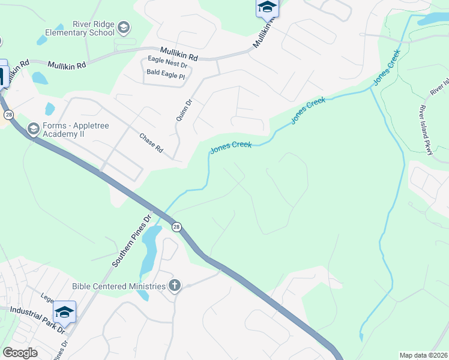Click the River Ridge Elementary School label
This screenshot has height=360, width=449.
point(92,28)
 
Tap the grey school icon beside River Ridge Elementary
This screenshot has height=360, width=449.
point(124,28)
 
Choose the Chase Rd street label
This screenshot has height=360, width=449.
point(151,142)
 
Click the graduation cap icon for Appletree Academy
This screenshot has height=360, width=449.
point(33,129)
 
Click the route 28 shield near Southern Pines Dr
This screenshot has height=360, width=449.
point(176,227)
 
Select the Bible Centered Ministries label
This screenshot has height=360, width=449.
point(118,286)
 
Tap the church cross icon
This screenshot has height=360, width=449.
point(174,286)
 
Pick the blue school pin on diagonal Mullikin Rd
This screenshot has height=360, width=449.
point(267,8)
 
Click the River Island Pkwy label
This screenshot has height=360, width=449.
point(426,133)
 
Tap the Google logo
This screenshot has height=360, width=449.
point(20,353)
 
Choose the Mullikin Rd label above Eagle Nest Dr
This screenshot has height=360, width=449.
point(179,54)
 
